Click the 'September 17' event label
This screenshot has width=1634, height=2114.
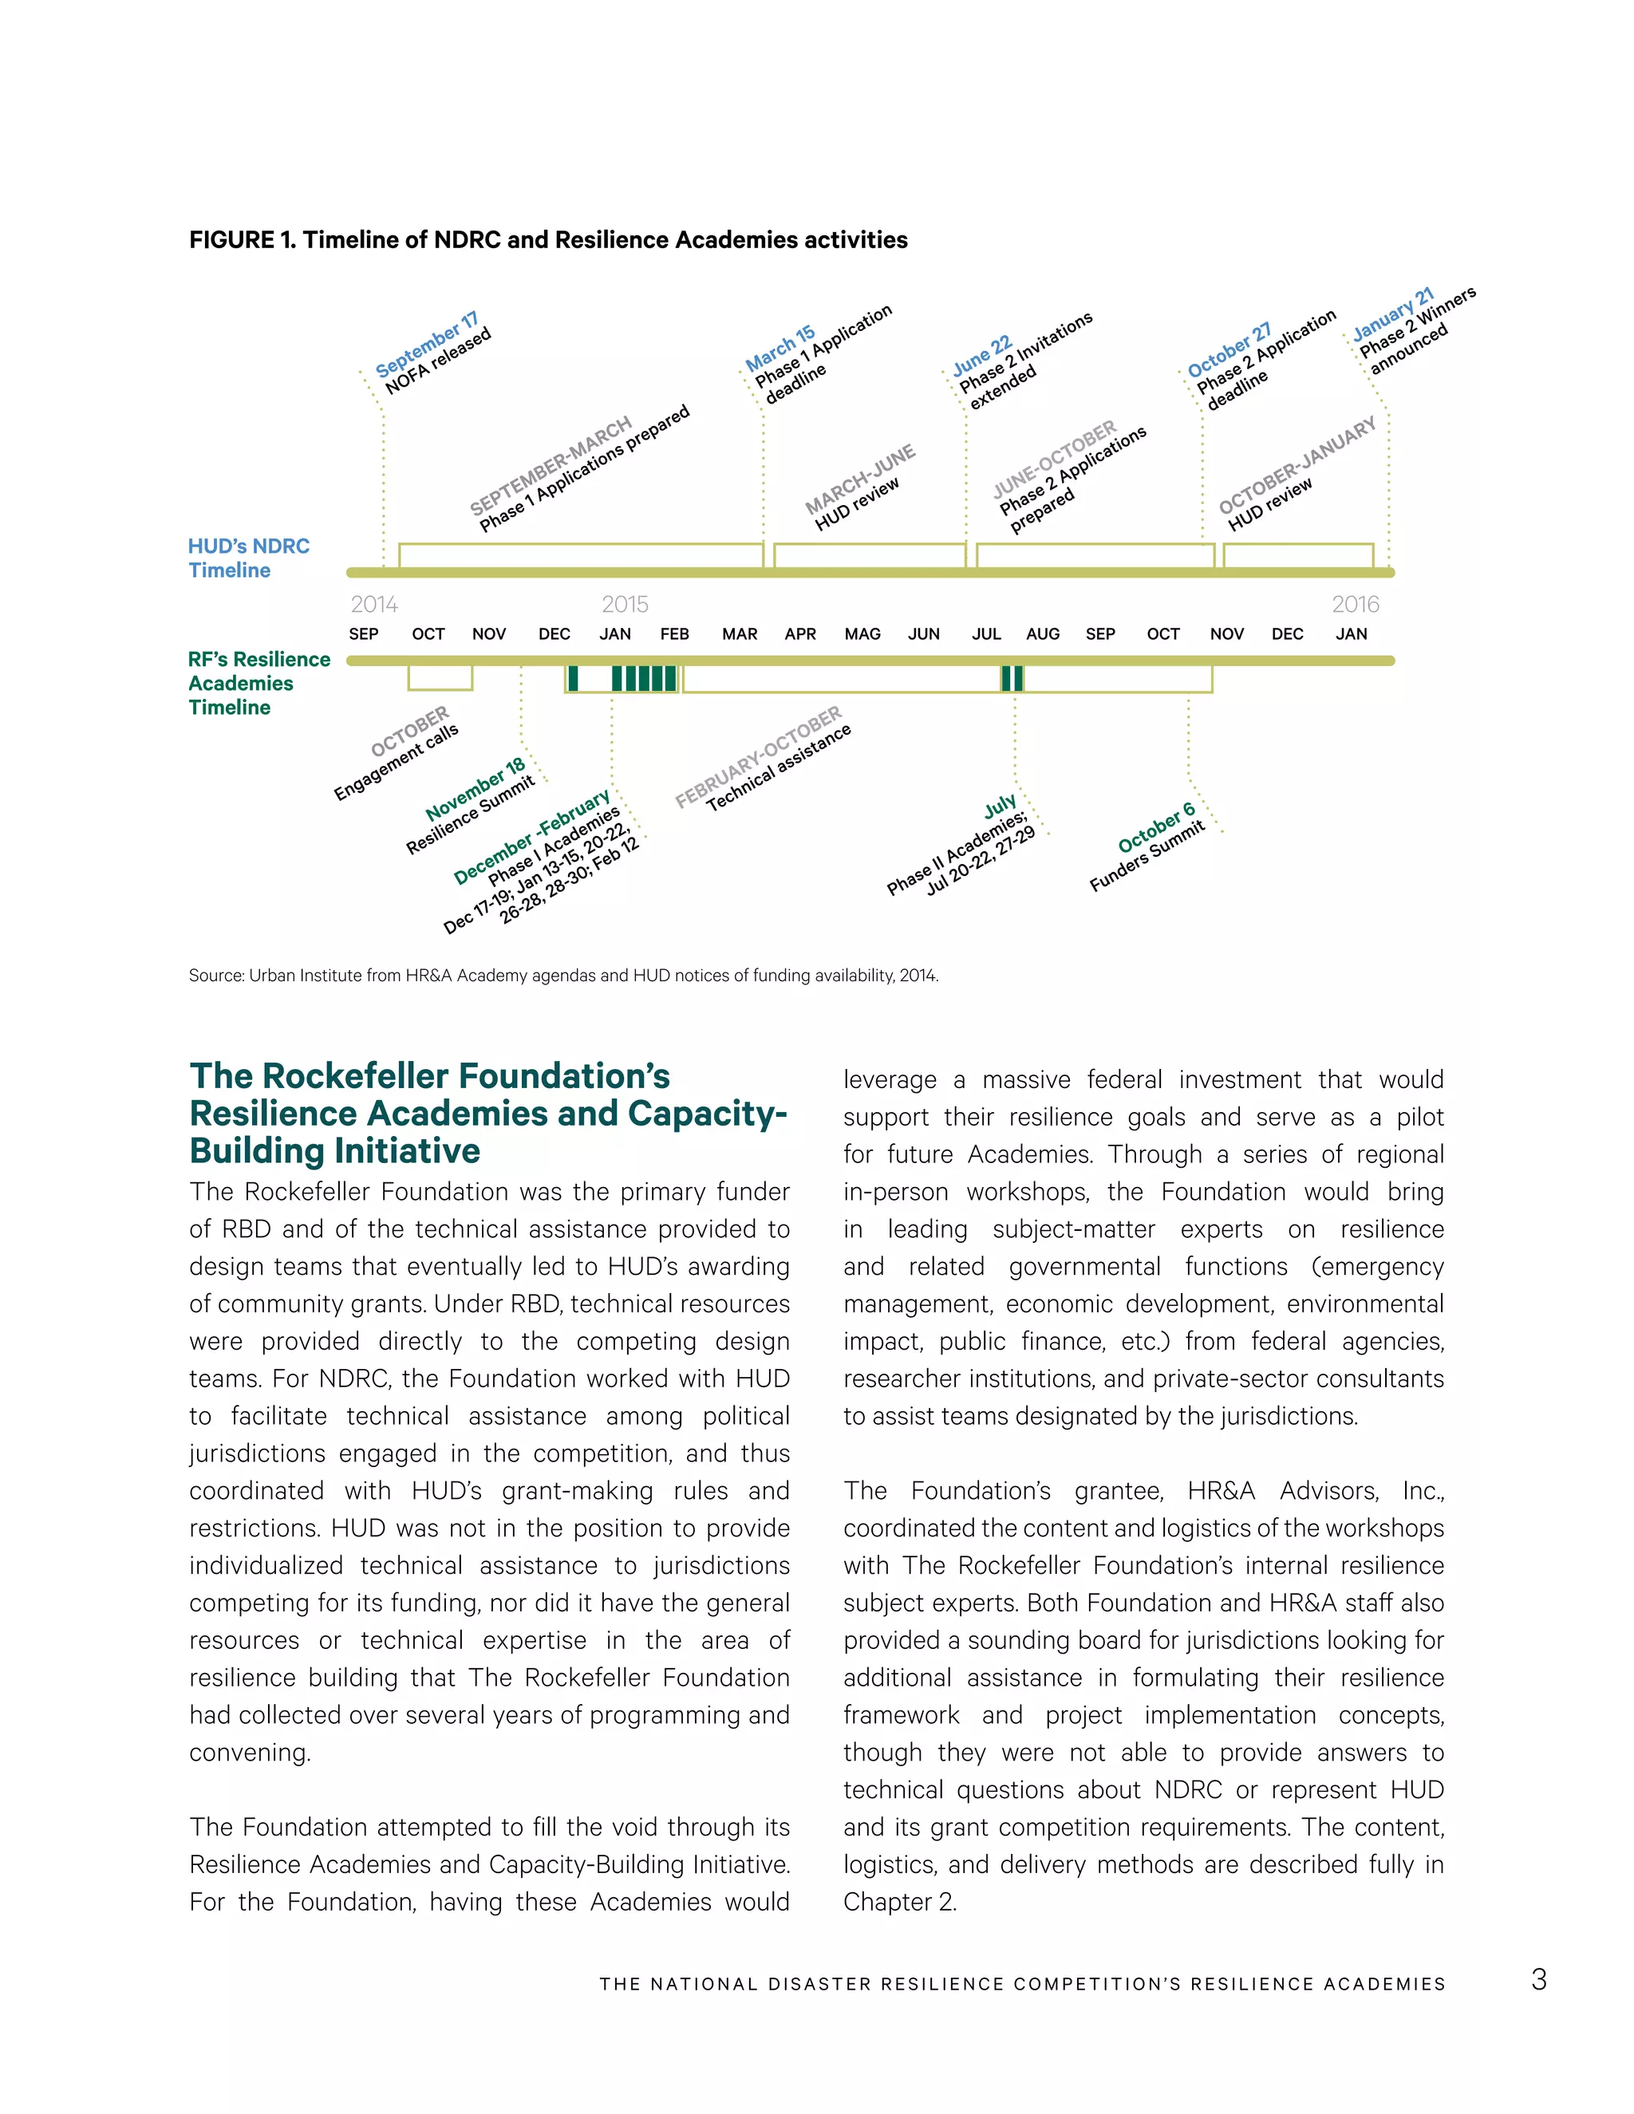click(426, 345)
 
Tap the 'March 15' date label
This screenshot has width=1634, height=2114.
click(780, 349)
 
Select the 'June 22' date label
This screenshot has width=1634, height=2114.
click(981, 355)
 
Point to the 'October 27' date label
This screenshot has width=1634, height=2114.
click(1229, 350)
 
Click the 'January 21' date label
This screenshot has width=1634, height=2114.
click(1392, 314)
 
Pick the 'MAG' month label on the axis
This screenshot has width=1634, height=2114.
click(862, 634)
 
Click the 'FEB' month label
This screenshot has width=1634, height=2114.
click(675, 634)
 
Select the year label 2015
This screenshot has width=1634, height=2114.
click(625, 604)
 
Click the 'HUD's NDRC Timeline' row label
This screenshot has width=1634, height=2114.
click(249, 558)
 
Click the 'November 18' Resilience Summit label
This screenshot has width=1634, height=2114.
click(476, 790)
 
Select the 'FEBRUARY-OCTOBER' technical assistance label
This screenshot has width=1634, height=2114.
click(759, 757)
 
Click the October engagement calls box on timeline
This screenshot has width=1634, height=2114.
click(440, 677)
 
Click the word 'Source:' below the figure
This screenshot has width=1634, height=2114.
click(216, 976)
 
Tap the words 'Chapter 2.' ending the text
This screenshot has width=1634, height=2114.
click(899, 1902)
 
